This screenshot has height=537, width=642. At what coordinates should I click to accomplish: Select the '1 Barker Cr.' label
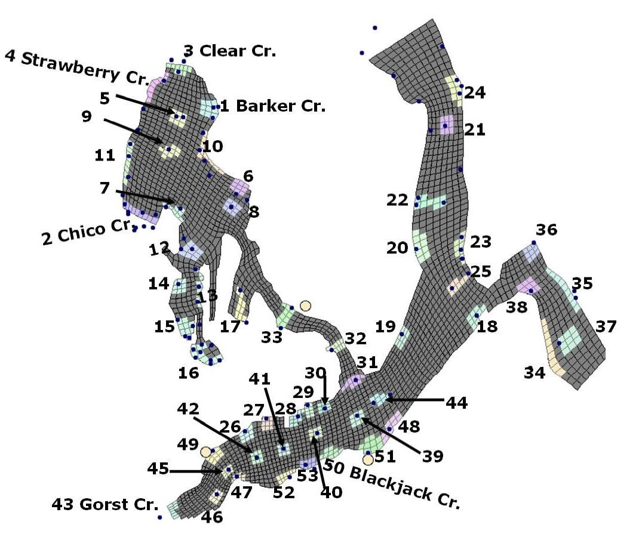pyautogui.click(x=273, y=107)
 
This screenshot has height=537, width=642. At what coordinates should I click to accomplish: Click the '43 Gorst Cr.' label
pyautogui.click(x=104, y=504)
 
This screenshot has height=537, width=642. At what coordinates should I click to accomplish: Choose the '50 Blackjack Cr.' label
pyautogui.click(x=393, y=483)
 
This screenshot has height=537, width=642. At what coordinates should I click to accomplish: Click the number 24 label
pyautogui.click(x=475, y=92)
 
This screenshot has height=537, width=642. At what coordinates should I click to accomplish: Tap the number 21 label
pyautogui.click(x=475, y=129)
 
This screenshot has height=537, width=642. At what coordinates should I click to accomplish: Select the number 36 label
pyautogui.click(x=546, y=230)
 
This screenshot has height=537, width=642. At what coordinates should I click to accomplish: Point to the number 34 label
pyautogui.click(x=535, y=373)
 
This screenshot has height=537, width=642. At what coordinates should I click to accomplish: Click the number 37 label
pyautogui.click(x=606, y=326)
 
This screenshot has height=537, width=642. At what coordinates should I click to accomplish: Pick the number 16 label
pyautogui.click(x=189, y=374)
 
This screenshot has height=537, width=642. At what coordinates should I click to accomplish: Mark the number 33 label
pyautogui.click(x=271, y=337)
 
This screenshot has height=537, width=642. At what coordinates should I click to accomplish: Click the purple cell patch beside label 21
pyautogui.click(x=446, y=125)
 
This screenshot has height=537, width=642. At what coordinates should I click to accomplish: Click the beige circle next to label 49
pyautogui.click(x=206, y=452)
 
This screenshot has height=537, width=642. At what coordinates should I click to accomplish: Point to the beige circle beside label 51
pyautogui.click(x=368, y=459)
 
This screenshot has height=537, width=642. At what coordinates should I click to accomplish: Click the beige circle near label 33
pyautogui.click(x=305, y=305)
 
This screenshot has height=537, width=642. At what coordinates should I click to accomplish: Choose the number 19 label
pyautogui.click(x=386, y=326)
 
